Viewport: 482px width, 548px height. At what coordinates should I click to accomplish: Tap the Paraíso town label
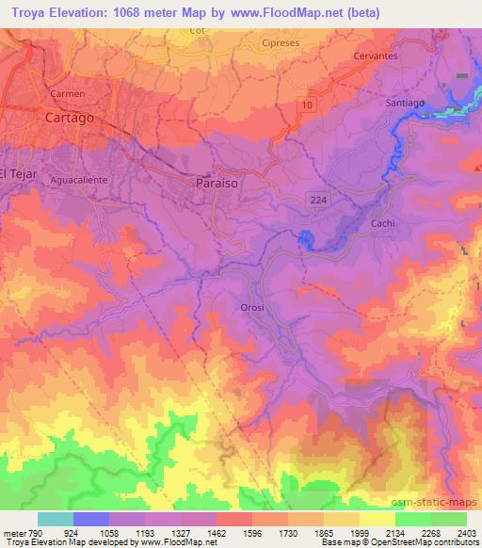215,185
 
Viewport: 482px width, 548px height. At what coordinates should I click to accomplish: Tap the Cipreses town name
281,43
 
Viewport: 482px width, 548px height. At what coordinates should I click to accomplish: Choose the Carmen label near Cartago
69,94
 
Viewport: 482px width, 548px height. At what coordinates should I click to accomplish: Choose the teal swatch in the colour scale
56,518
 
